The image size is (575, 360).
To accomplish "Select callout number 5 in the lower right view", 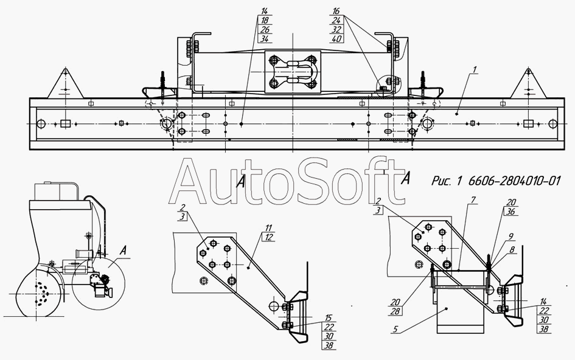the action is [395, 329].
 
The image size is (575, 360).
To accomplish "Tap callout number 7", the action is [473, 200].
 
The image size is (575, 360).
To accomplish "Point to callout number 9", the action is [511, 237].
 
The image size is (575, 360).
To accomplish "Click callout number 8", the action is [512, 250].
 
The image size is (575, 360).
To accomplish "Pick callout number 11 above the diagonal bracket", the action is [269, 229].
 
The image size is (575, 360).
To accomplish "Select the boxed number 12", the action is [269, 237].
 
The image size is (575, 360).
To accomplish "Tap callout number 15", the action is [329, 317].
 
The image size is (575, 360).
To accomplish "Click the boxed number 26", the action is [265, 30].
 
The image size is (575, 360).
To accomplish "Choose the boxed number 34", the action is [265, 38].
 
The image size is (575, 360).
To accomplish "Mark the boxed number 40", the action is [336, 38].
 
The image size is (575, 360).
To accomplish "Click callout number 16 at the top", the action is [336, 12].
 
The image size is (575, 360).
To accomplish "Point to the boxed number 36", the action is [511, 212].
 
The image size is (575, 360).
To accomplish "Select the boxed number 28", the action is [395, 311].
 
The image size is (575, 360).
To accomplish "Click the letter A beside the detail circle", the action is [124, 251].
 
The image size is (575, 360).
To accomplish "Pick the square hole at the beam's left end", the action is [65, 123].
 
